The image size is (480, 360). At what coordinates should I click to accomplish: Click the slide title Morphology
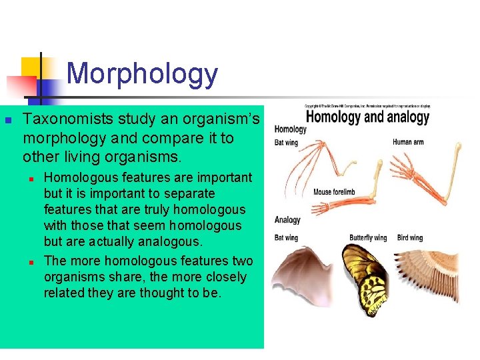tap(142, 74)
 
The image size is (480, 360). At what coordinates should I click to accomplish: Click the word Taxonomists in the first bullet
tap(69, 119)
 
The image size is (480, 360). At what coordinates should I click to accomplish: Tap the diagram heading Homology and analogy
tap(367, 118)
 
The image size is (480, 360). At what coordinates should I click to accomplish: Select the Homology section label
tap(291, 129)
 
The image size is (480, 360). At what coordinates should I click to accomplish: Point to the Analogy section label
tap(287, 220)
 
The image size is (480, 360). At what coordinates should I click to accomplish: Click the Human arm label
tap(408, 142)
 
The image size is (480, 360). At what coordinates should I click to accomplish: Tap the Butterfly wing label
tap(368, 238)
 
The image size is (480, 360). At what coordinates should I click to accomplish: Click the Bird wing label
tap(410, 238)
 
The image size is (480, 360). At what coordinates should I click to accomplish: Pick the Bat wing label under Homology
tap(287, 143)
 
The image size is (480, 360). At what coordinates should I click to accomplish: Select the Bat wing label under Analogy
tap(287, 238)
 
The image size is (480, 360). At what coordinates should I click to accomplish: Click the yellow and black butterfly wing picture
tap(365, 280)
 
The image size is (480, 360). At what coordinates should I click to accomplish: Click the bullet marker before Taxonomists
tap(8, 121)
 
